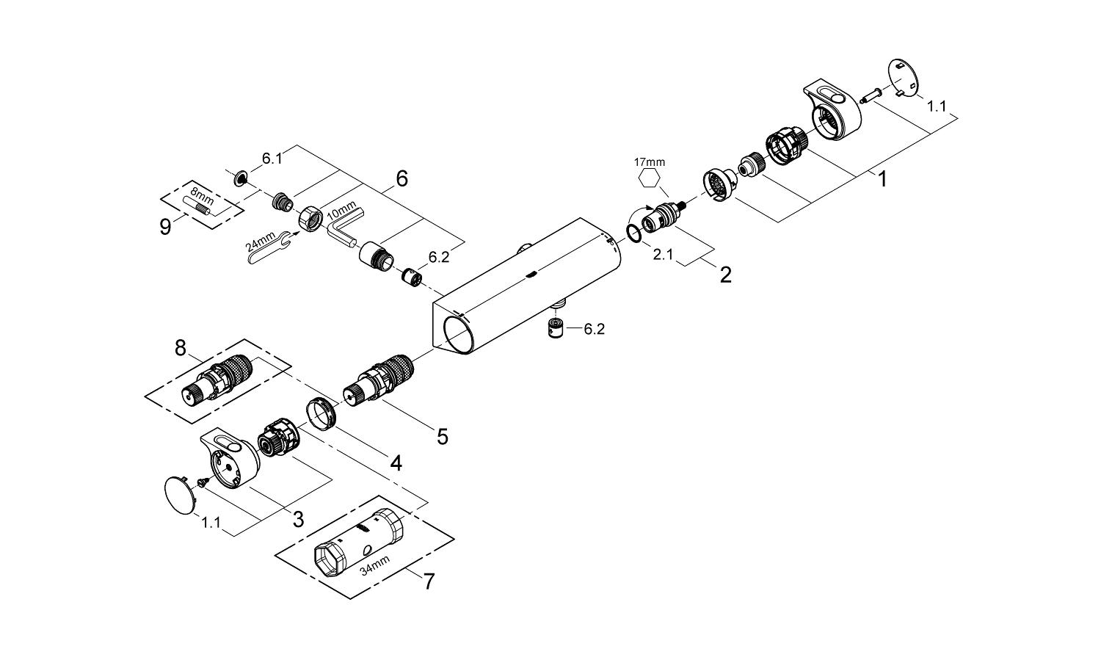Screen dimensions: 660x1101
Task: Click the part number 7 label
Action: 428,581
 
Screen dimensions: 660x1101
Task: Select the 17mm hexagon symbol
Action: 649,178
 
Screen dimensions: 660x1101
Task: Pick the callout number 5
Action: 442,437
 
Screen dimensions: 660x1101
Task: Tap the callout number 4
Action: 396,463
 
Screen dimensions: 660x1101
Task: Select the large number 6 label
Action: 401,178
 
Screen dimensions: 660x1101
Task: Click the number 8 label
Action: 181,347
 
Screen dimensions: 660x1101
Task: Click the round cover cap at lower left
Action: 179,494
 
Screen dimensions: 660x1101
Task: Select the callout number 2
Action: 725,275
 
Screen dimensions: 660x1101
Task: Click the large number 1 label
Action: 882,178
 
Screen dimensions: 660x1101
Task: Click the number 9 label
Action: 166,227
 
